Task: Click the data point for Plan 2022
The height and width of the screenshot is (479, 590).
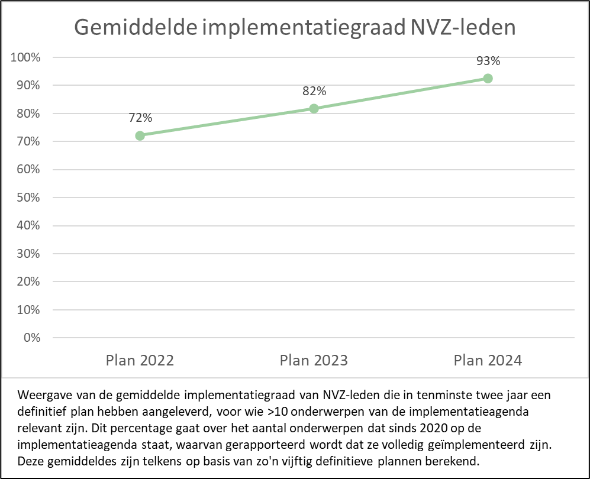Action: pos(140,135)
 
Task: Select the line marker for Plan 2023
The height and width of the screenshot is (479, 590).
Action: pos(314,108)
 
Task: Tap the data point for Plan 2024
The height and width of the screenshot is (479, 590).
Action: pos(488,79)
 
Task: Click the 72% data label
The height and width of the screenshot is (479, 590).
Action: pos(140,118)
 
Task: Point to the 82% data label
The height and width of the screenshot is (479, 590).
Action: pos(314,91)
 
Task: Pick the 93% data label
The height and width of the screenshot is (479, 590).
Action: pos(488,61)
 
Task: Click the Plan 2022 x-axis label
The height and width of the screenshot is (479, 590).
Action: pos(140,361)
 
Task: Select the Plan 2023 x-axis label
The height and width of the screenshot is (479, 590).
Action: pos(314,361)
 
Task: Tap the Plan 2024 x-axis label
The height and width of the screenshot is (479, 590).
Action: pos(488,361)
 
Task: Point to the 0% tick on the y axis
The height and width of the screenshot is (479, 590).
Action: pos(32,338)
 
